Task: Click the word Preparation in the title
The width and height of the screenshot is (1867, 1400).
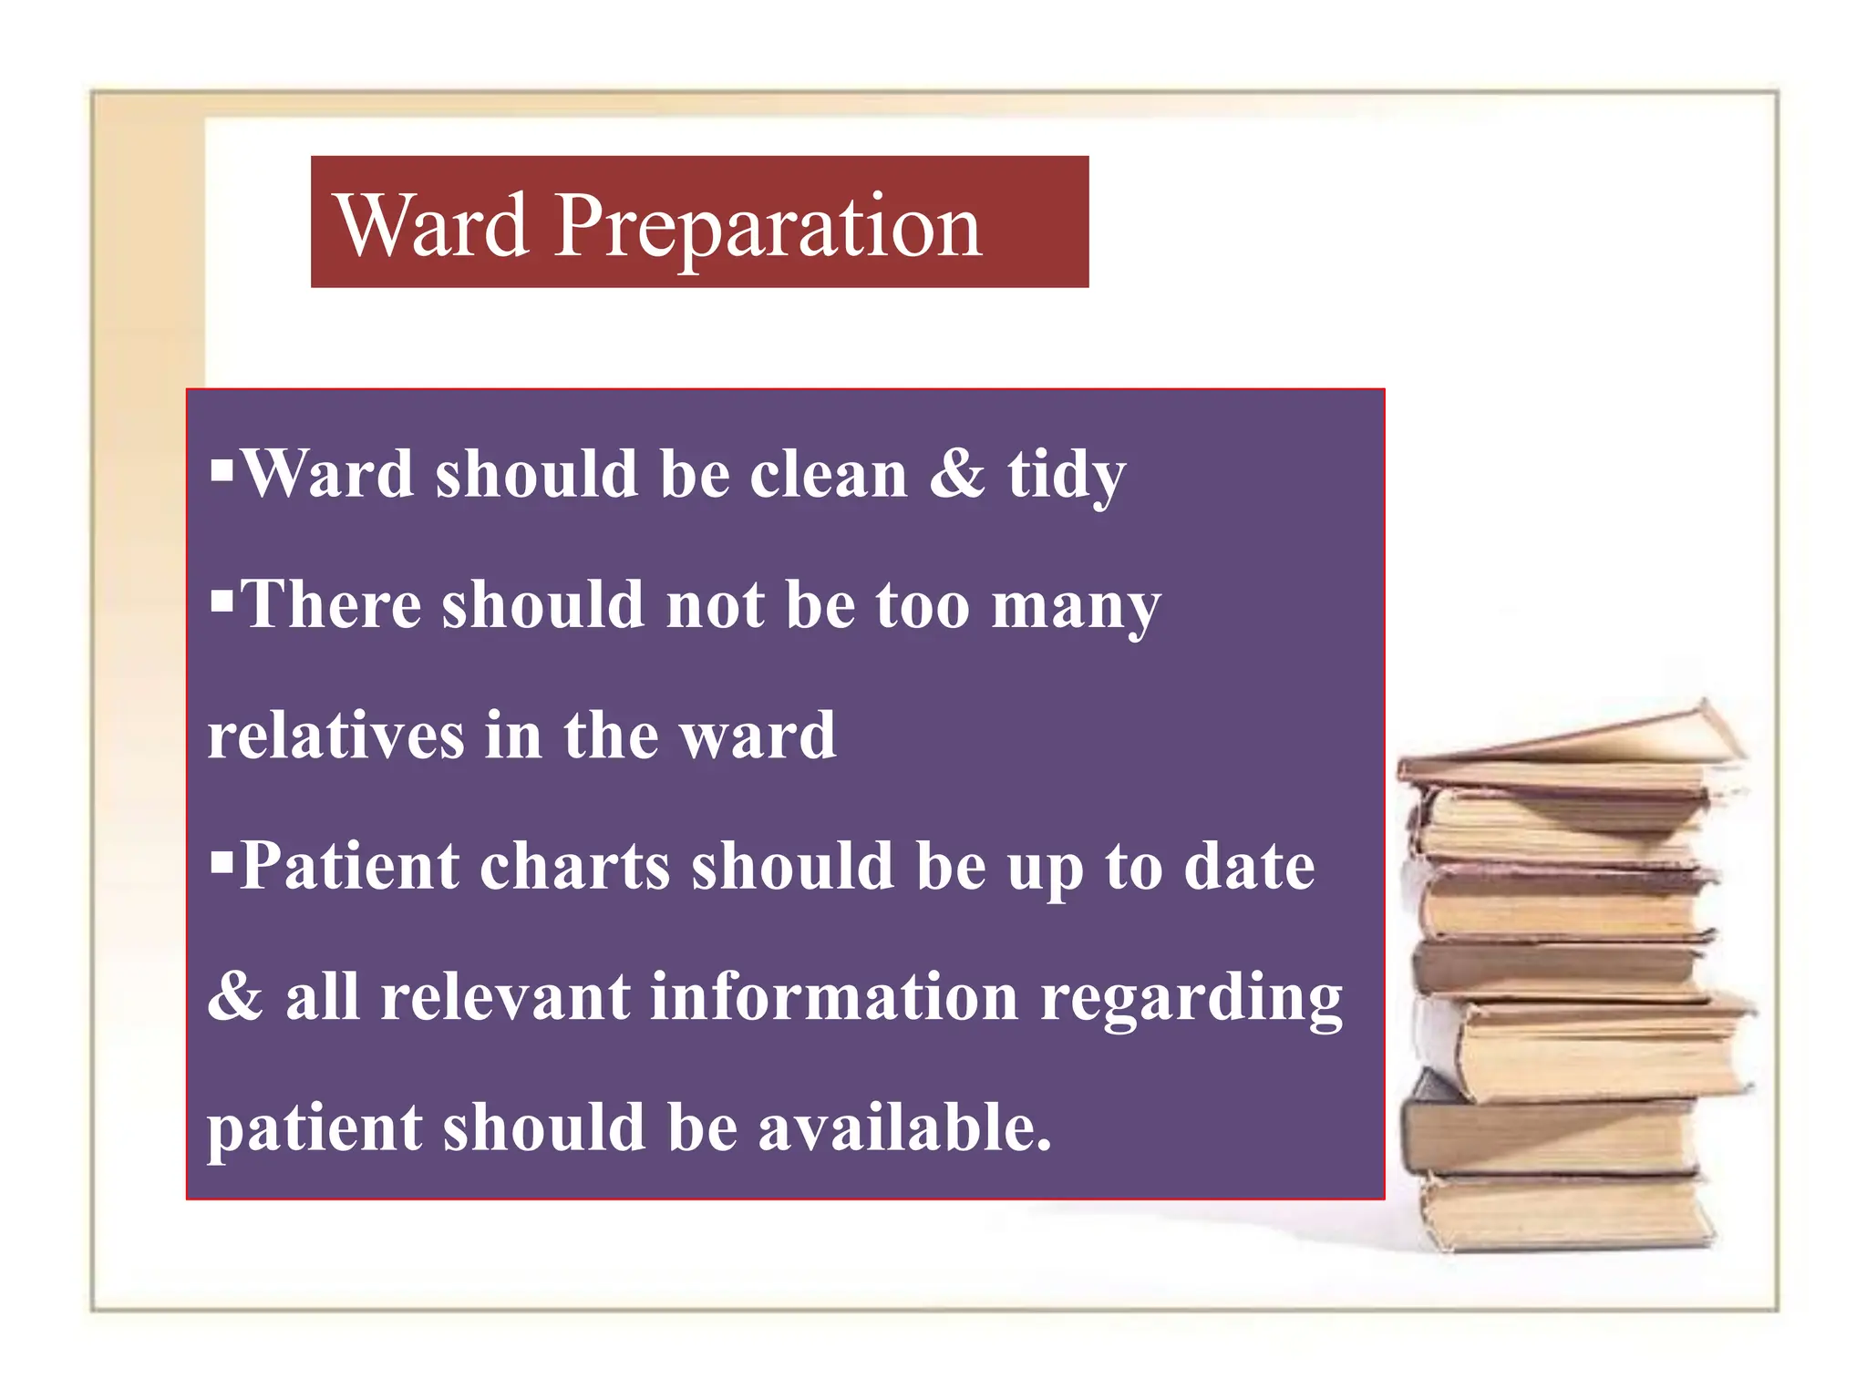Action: (x=768, y=228)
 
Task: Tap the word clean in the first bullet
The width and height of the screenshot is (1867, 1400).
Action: (x=829, y=475)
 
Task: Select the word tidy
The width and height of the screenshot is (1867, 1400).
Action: (x=1066, y=477)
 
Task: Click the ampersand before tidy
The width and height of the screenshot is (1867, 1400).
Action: (x=957, y=475)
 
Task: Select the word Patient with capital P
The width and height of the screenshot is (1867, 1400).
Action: (x=349, y=866)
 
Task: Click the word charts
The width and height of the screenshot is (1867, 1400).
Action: (x=574, y=866)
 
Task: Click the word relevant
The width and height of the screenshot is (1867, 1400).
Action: (x=505, y=996)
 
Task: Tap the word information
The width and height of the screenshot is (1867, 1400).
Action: (x=834, y=996)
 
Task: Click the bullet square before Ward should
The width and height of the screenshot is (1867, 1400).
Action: (x=222, y=471)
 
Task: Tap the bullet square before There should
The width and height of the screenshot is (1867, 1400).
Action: (x=222, y=602)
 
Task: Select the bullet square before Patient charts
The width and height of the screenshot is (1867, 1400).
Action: (x=222, y=860)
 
